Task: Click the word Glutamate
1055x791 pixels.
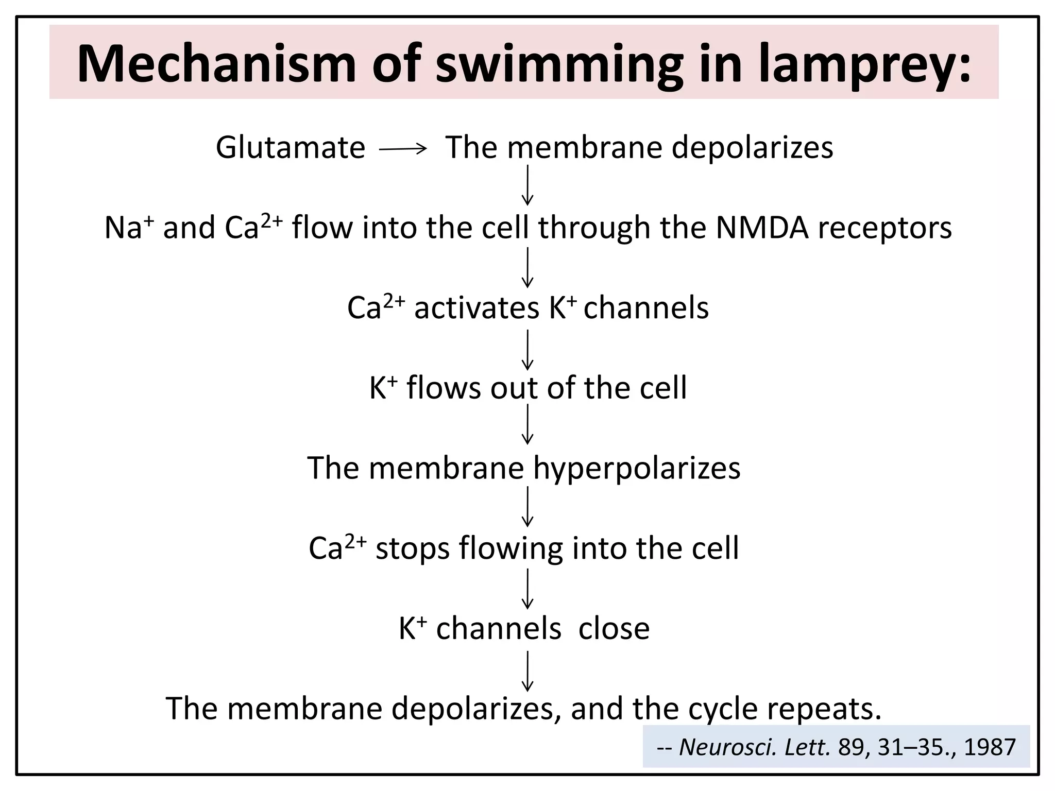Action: [290, 148]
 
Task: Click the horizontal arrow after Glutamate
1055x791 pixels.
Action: [403, 149]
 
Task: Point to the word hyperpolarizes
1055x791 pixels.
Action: [637, 468]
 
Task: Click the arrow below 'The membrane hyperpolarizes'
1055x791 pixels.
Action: [527, 506]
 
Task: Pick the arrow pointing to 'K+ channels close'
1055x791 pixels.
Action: [527, 589]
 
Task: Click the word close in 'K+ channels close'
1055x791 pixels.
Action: [614, 629]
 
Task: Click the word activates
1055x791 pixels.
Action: [477, 308]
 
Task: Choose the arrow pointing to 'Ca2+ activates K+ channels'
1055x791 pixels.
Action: [527, 267]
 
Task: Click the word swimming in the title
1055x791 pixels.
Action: [559, 64]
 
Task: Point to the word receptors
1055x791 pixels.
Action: [884, 228]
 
